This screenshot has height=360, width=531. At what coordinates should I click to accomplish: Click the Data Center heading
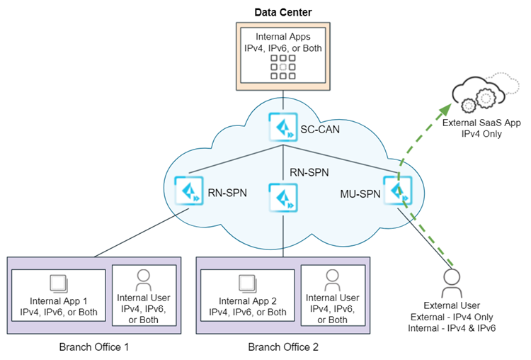(x=282, y=12)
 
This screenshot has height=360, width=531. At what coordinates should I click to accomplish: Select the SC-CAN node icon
(x=282, y=126)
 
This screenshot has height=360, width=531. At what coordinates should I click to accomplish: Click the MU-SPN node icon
(x=396, y=191)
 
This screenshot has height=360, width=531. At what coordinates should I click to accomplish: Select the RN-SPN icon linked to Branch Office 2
(x=282, y=196)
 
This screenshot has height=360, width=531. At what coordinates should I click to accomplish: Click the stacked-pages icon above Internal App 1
(x=58, y=283)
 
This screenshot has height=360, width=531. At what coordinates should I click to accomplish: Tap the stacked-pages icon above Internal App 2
(x=247, y=283)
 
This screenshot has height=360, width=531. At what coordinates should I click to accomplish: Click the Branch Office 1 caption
(x=95, y=347)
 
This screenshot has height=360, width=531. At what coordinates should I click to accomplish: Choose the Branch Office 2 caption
(x=283, y=347)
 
